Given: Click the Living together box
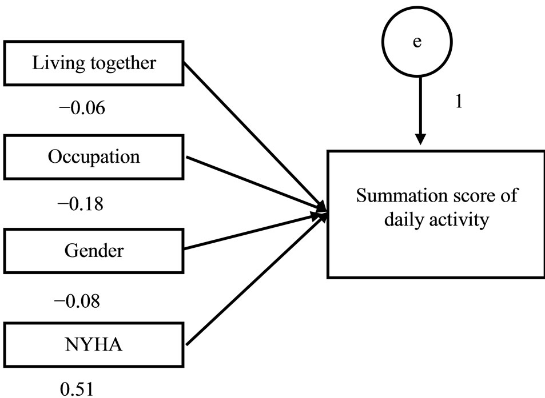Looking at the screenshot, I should click(x=94, y=62).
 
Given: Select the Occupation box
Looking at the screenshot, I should click(x=94, y=156).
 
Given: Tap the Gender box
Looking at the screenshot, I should click(x=94, y=250).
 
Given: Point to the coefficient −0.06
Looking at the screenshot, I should click(x=83, y=108).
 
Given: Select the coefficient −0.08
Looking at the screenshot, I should click(x=79, y=301).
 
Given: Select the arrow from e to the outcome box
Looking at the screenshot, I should click(x=421, y=108).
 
